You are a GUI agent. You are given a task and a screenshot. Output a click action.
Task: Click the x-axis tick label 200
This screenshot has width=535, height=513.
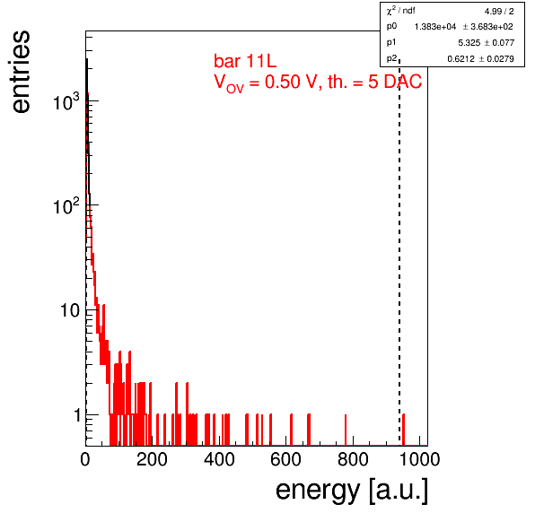coord(152,459)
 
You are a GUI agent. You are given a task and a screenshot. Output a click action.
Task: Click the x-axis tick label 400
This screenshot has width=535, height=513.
coord(219,459)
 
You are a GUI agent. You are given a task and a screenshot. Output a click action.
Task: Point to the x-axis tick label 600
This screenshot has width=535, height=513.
coord(286,459)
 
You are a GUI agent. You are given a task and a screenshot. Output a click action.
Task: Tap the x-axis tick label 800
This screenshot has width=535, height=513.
coord(353,459)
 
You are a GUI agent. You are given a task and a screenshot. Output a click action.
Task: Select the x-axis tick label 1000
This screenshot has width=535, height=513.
coord(419,459)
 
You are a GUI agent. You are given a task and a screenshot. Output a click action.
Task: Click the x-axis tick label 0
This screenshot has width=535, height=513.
coord(85,459)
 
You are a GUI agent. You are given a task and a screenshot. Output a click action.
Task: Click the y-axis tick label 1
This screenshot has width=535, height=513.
coord(77,415)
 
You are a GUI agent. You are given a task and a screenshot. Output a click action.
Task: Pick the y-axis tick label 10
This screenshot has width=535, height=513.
coord(70,310)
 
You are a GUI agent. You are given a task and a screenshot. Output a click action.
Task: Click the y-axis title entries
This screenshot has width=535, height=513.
coord(22,72)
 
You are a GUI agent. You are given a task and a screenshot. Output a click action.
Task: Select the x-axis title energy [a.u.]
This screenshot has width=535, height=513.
coord(352,491)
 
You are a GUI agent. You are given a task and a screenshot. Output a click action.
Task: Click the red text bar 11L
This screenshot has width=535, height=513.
coord(245,61)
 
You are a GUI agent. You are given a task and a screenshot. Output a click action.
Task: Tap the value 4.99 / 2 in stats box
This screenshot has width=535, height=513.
coord(499,12)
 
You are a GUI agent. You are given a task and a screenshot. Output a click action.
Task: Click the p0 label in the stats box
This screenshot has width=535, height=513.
coord(391,27)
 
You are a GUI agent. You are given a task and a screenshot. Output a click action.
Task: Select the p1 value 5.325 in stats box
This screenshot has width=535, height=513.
coord(469,43)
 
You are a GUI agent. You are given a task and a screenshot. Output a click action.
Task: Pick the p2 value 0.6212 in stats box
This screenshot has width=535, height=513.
coord(460,59)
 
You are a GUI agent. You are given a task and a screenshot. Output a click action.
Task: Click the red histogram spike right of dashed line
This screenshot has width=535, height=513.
coord(403,430)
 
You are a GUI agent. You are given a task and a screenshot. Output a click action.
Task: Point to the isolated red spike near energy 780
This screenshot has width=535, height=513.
coord(346,430)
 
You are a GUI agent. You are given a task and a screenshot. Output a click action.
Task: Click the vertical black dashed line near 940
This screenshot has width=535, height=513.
coord(399,252)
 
